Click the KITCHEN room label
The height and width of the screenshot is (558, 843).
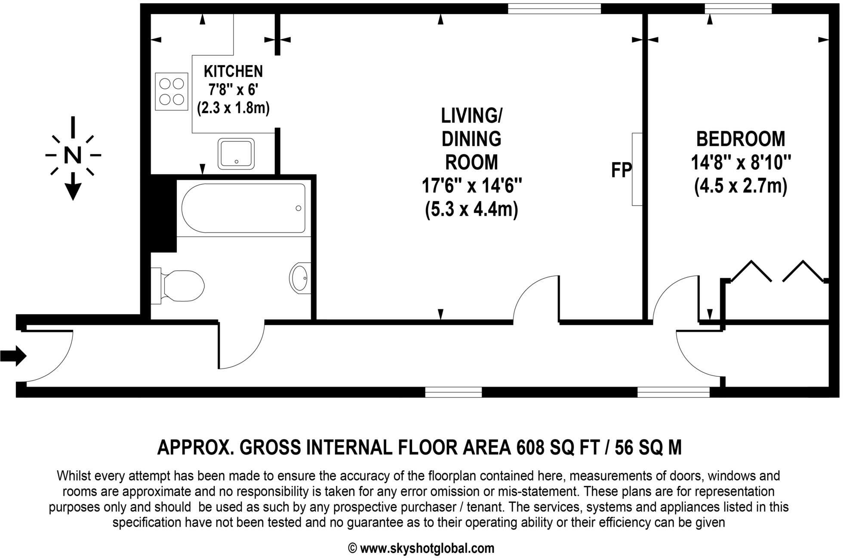pos(233,71)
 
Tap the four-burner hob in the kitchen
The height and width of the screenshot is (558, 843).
pos(172,91)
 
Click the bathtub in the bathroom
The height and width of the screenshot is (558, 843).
pos(243,208)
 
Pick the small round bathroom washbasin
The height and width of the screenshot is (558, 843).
pos(301,278)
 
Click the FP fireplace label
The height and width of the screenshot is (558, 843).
pos(621,170)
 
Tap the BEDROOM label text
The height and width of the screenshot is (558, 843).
pos(741,139)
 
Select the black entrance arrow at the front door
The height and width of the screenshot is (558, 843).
pos(13,356)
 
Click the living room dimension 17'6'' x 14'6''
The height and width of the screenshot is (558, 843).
pos(471,186)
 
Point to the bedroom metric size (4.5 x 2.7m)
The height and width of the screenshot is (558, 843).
pos(741,187)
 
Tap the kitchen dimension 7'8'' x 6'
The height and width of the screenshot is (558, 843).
pos(233,90)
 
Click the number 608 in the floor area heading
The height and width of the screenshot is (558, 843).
pos(531,448)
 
